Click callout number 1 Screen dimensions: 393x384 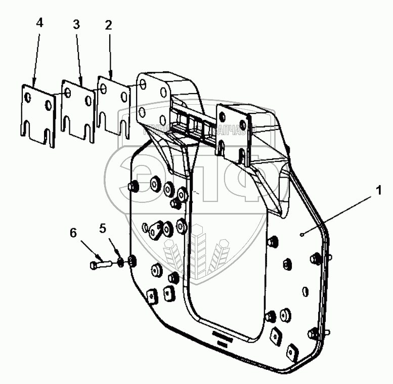(x=378, y=191)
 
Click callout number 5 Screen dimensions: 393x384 (x=104, y=228)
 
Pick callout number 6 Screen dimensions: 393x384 (x=73, y=233)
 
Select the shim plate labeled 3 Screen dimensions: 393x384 (x=77, y=109)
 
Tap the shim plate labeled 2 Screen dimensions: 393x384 (x=114, y=104)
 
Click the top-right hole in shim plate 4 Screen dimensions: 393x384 (x=49, y=103)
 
